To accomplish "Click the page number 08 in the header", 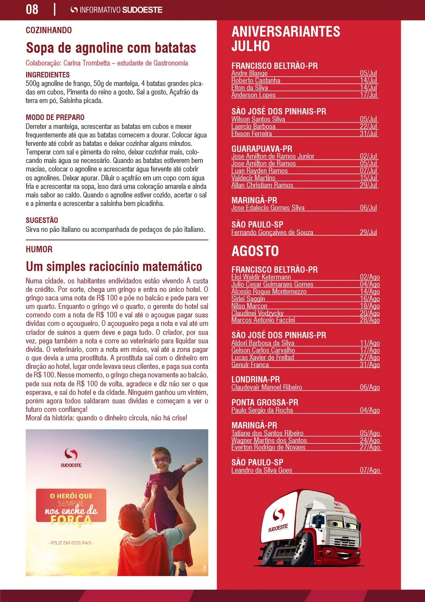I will pos(32,9).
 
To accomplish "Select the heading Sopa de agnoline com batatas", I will pos(111,48).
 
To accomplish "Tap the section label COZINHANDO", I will pos(49,30).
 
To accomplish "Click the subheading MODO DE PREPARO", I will pos(55,117).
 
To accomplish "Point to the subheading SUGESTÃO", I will pos(42,220).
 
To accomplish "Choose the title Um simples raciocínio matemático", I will pos(114,267).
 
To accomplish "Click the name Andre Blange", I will pos(249,73).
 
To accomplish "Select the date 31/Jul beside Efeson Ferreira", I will pos(368,134).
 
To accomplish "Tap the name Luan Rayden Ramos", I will pos(259,171).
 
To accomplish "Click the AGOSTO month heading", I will pos(255,251).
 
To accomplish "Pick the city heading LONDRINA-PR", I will pos(255,379).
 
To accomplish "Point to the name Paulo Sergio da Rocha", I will pos(262,410).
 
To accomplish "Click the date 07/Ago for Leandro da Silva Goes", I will pos(369,470).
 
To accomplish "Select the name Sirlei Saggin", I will pos(248,299).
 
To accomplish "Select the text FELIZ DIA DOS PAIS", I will pos(71,543).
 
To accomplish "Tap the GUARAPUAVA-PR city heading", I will pos(262,149).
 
